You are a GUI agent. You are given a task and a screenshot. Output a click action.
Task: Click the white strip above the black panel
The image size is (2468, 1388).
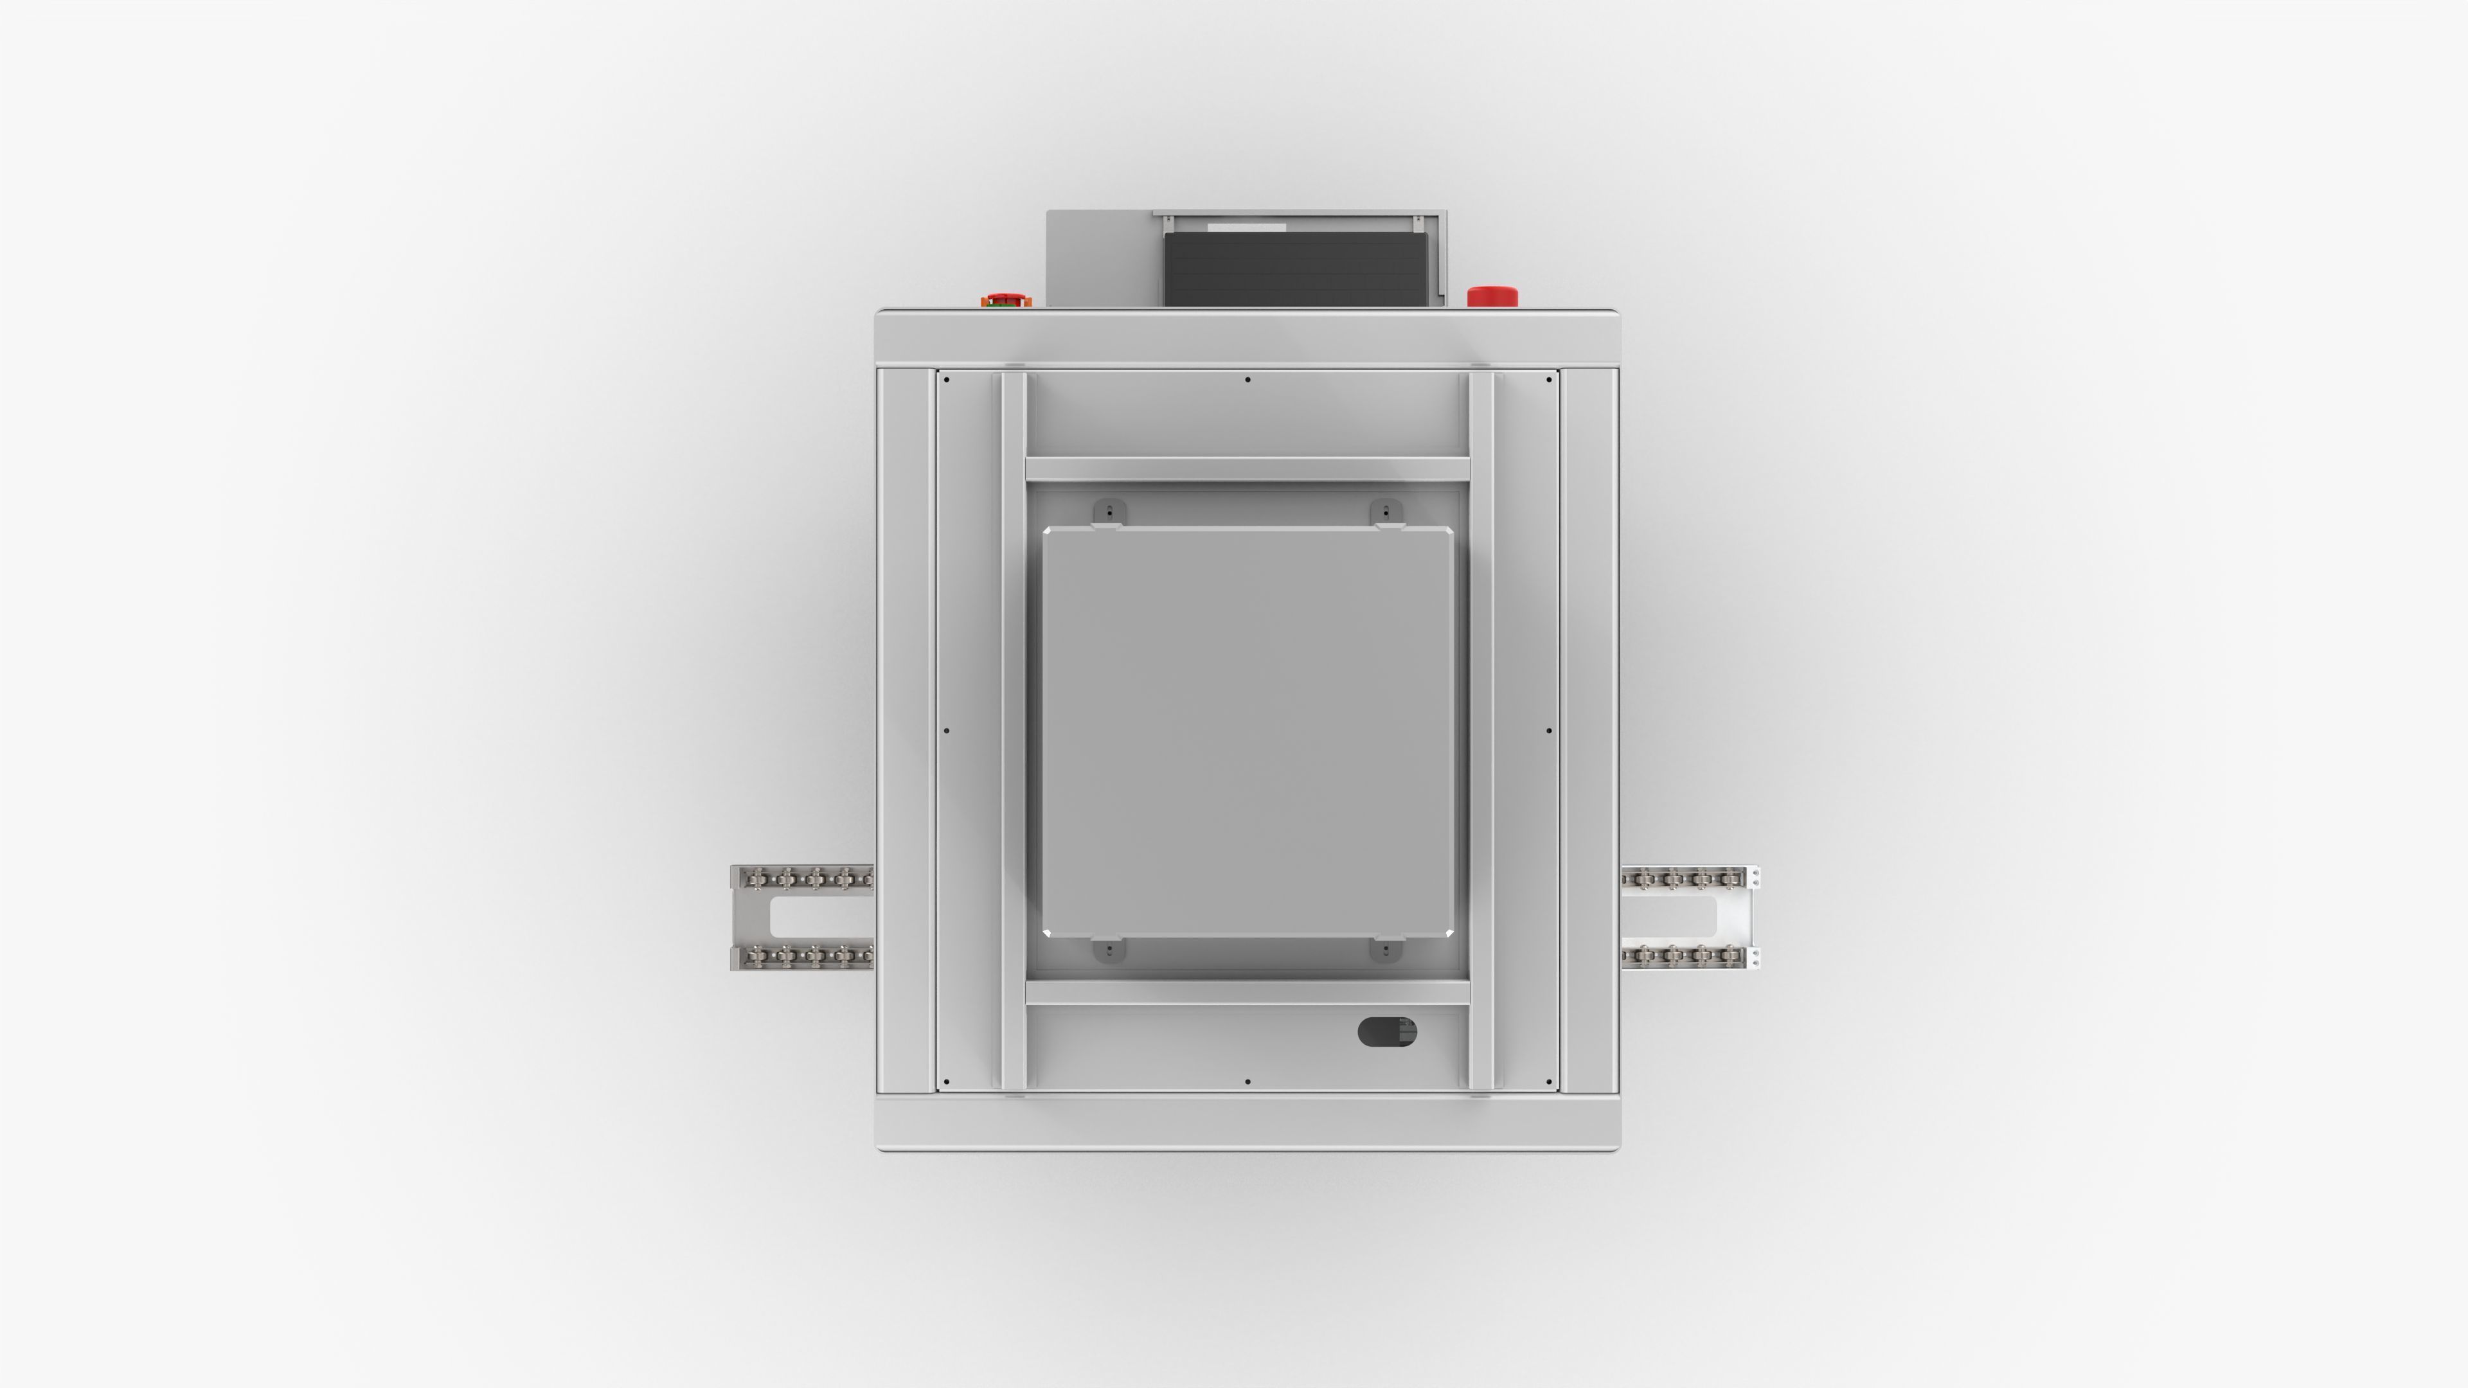click(1246, 227)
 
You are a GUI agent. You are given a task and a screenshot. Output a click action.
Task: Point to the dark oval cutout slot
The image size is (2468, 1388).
click(1386, 1031)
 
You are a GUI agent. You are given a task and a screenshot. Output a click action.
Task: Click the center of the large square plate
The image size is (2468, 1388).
click(1247, 732)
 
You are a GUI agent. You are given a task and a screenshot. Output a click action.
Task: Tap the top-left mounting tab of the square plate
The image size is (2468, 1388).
click(1109, 513)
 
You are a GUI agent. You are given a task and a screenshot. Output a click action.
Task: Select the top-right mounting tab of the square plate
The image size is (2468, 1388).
click(1386, 513)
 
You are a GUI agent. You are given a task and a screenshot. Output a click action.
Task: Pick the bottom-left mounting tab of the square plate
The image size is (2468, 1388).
click(1109, 950)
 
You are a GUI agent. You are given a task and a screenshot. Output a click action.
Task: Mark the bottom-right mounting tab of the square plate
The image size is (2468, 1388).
click(1386, 950)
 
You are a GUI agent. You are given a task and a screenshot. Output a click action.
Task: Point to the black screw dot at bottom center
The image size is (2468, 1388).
click(1247, 1081)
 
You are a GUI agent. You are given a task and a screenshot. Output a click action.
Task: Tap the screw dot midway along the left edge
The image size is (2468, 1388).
click(947, 731)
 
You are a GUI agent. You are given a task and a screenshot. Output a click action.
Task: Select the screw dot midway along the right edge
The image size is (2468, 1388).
click(1549, 731)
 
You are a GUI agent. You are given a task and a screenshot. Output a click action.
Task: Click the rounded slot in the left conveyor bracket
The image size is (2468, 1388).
click(819, 917)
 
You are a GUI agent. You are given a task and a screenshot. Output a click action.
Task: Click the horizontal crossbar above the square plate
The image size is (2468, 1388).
click(1247, 469)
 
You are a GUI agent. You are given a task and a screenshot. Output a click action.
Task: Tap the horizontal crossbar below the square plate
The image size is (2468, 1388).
click(1247, 992)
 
